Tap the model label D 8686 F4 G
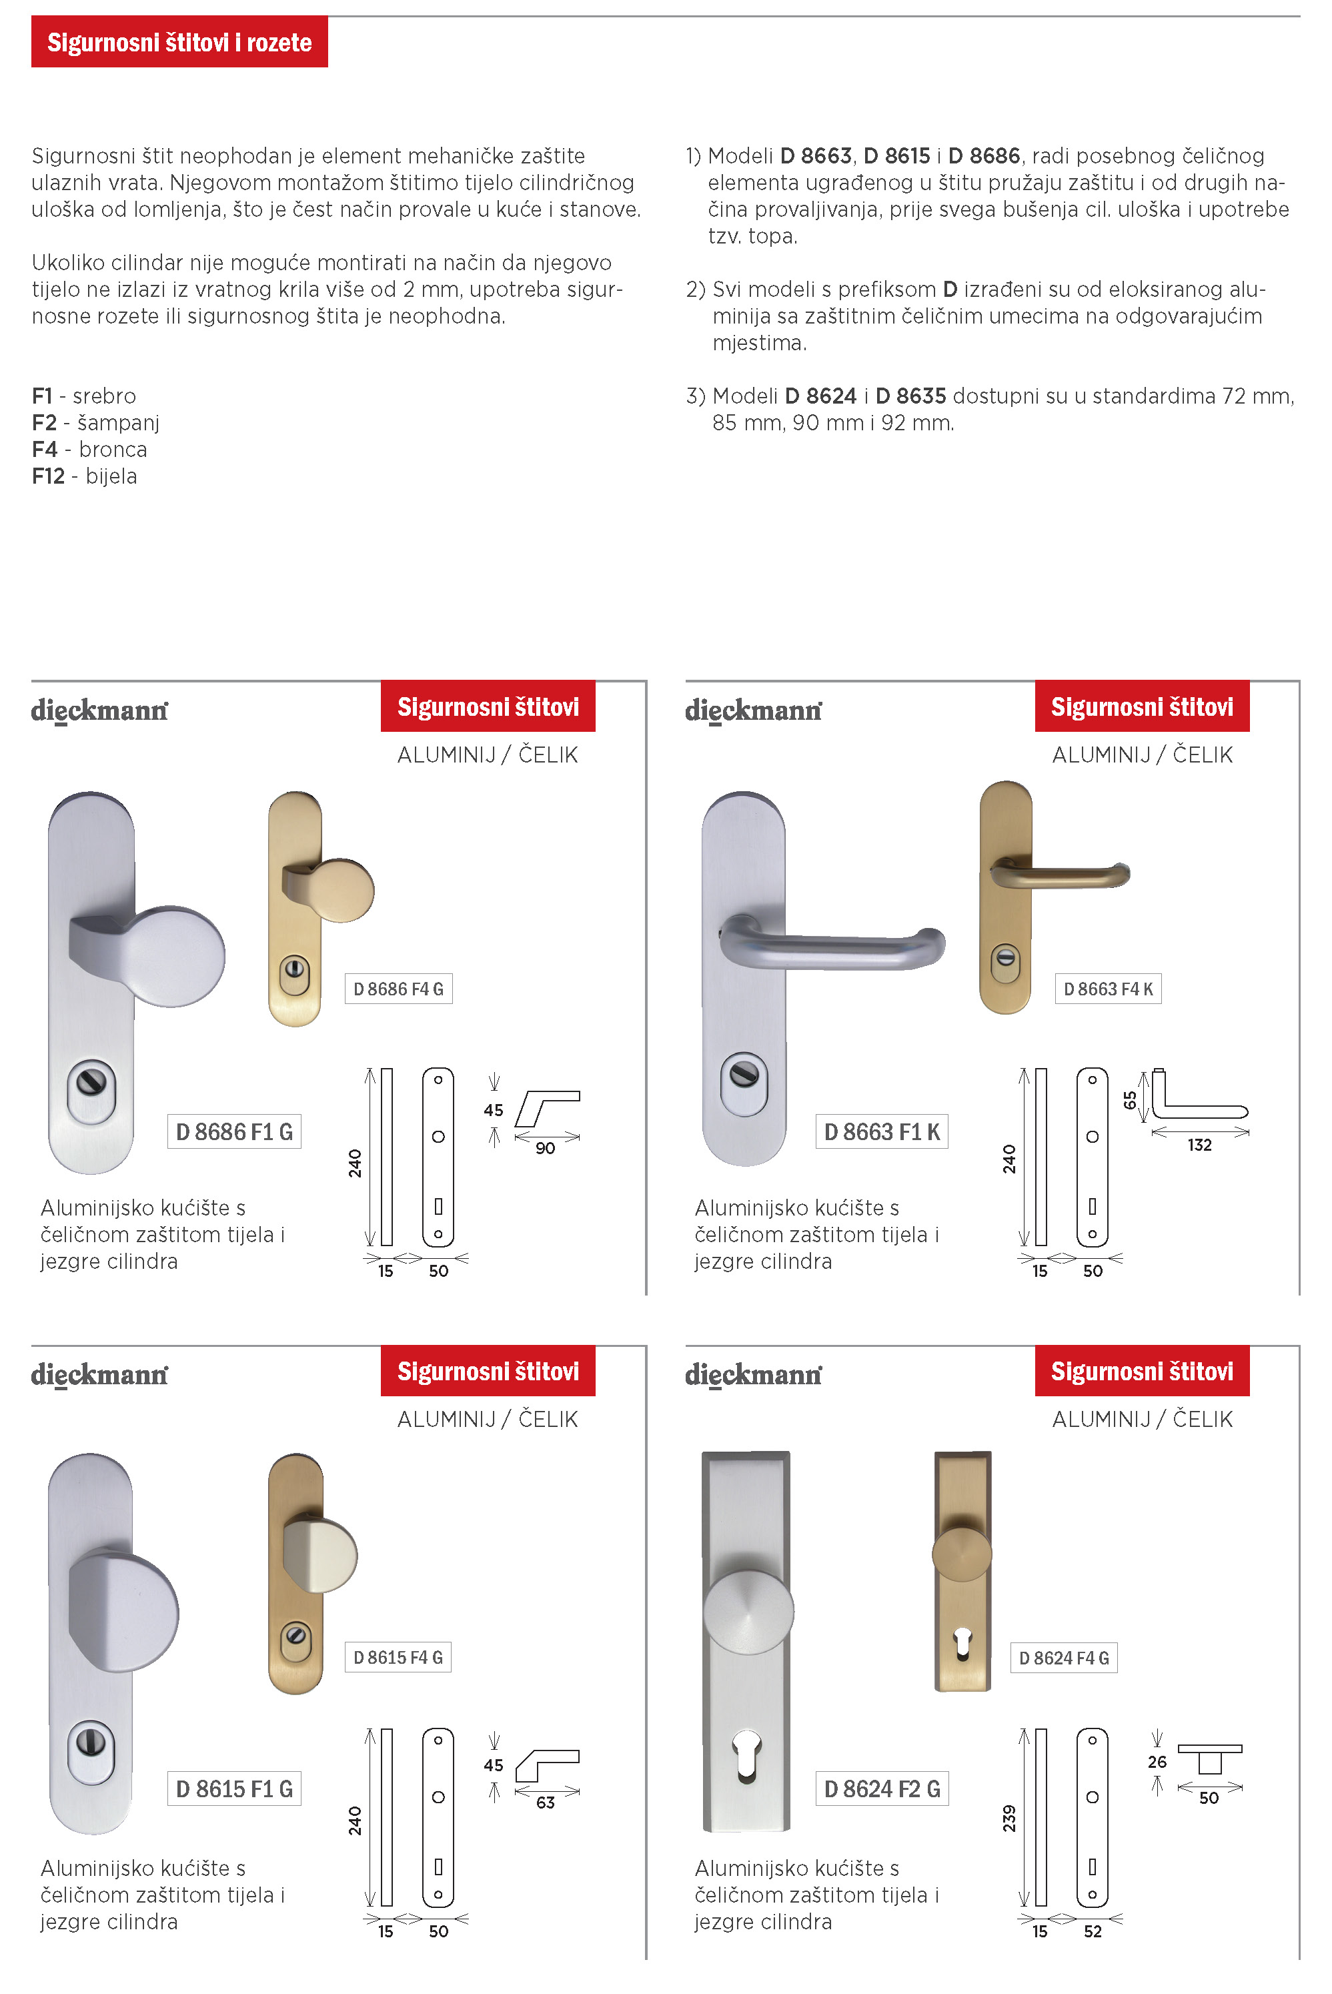tap(398, 989)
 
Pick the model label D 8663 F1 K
tap(882, 1131)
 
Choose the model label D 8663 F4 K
tap(1108, 989)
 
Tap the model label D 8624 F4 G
tap(1064, 1658)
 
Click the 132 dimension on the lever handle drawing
tap(1199, 1145)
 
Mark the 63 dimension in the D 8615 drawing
tap(546, 1803)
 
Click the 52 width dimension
tap(1093, 1931)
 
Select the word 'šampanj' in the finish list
tap(118, 422)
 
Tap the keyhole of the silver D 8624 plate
tap(746, 1753)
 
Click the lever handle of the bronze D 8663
tap(1062, 875)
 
